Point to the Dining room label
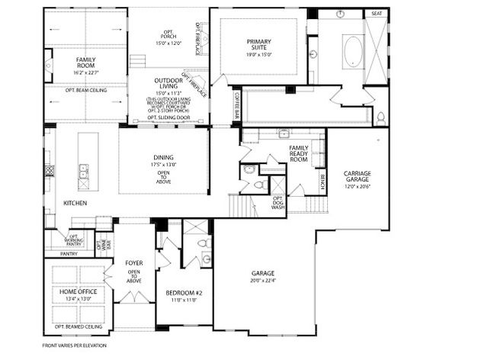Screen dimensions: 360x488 (x=163, y=158)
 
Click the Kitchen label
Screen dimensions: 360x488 (x=75, y=204)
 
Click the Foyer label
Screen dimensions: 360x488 (x=134, y=263)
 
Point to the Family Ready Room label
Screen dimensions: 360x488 (x=299, y=152)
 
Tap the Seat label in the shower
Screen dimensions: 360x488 (x=376, y=14)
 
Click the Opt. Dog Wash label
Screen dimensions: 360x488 (x=279, y=202)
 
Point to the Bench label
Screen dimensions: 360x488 (x=323, y=182)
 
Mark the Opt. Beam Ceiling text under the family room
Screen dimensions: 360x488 (x=85, y=90)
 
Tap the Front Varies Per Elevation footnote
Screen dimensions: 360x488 (x=74, y=346)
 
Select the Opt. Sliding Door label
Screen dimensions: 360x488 (x=168, y=118)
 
